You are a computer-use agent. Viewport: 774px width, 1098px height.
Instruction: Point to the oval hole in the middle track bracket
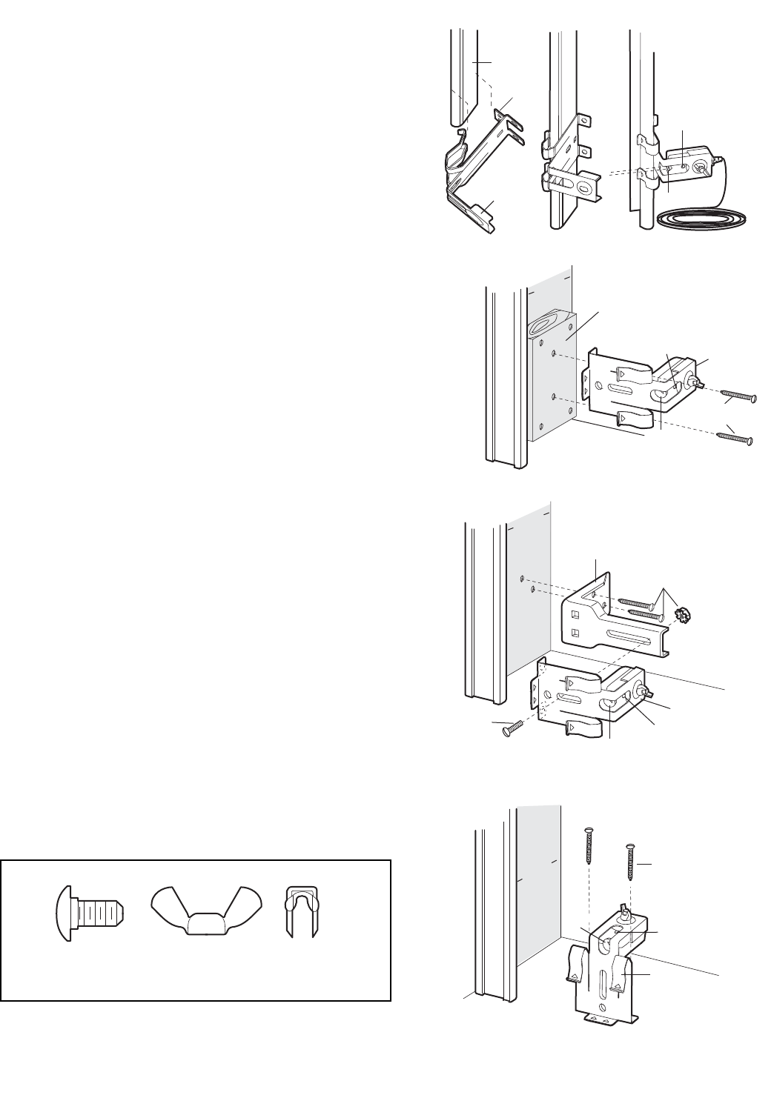590,188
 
